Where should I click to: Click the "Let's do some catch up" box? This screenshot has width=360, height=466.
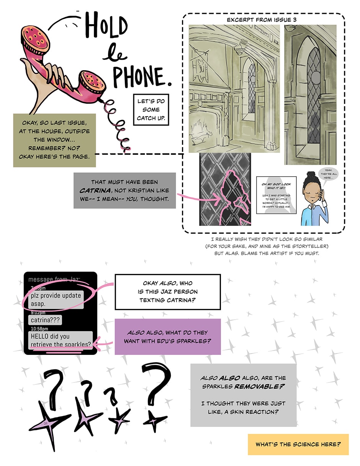pos(151,110)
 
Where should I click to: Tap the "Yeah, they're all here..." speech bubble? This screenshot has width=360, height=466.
pos(329,175)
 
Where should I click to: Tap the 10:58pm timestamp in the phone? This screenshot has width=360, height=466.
pos(39,328)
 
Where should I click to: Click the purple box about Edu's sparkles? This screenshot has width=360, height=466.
pos(167,336)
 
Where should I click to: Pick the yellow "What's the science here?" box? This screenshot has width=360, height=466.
pos(298,444)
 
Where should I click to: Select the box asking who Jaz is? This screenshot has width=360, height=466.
pos(167,292)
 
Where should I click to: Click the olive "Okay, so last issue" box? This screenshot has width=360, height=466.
pos(54,140)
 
